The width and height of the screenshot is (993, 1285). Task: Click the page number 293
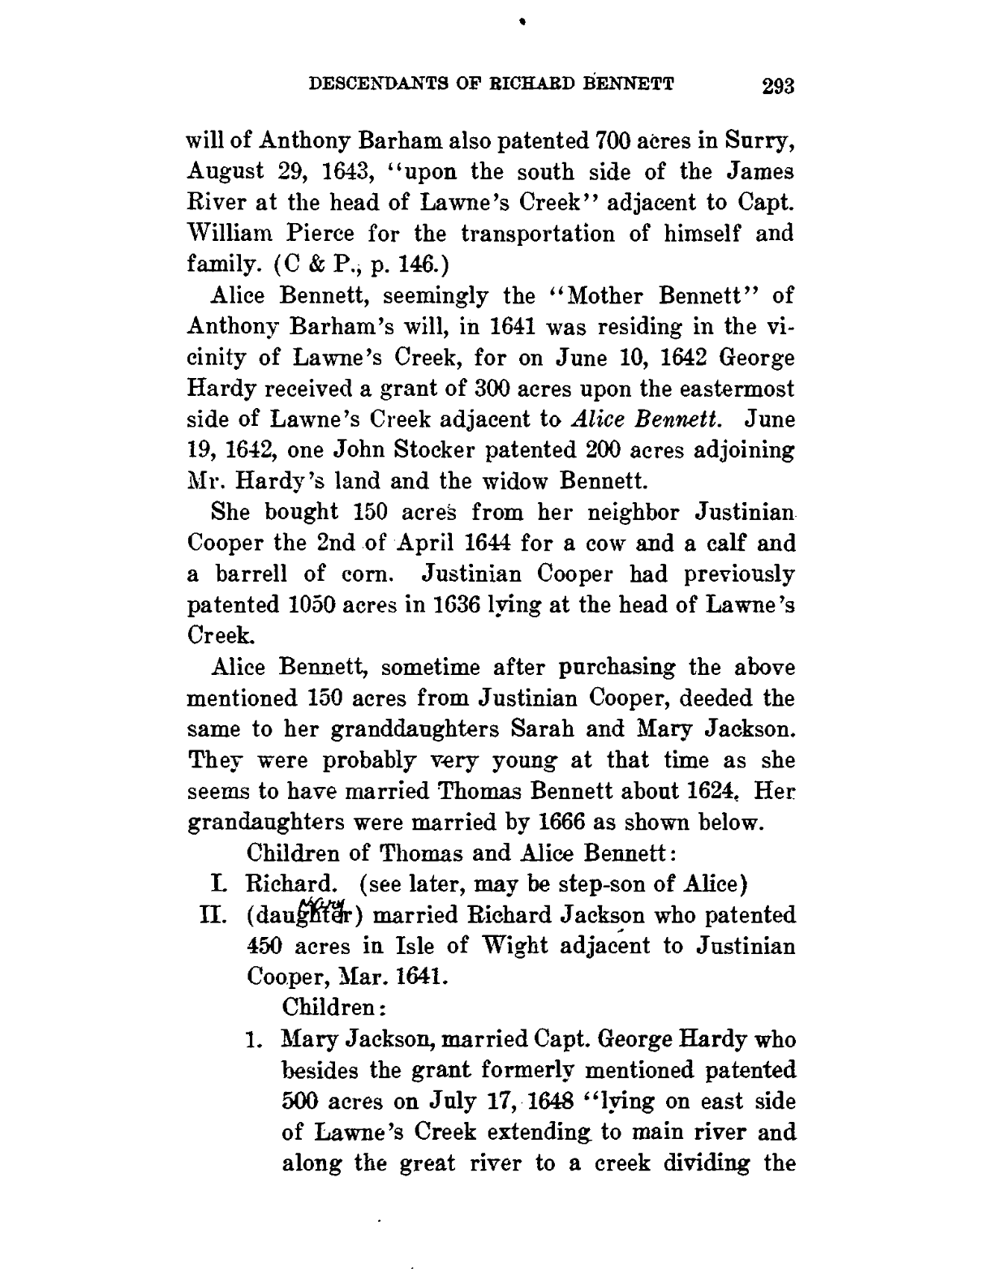(x=775, y=86)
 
